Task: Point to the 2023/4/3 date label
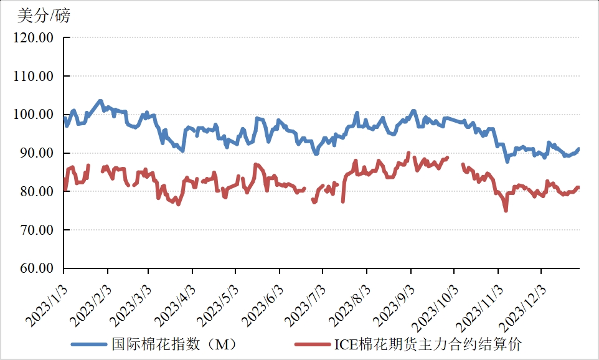(175, 304)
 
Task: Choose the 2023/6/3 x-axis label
(262, 304)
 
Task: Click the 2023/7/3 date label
(306, 304)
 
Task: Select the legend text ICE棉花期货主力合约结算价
(428, 344)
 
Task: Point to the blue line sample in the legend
(90, 344)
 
